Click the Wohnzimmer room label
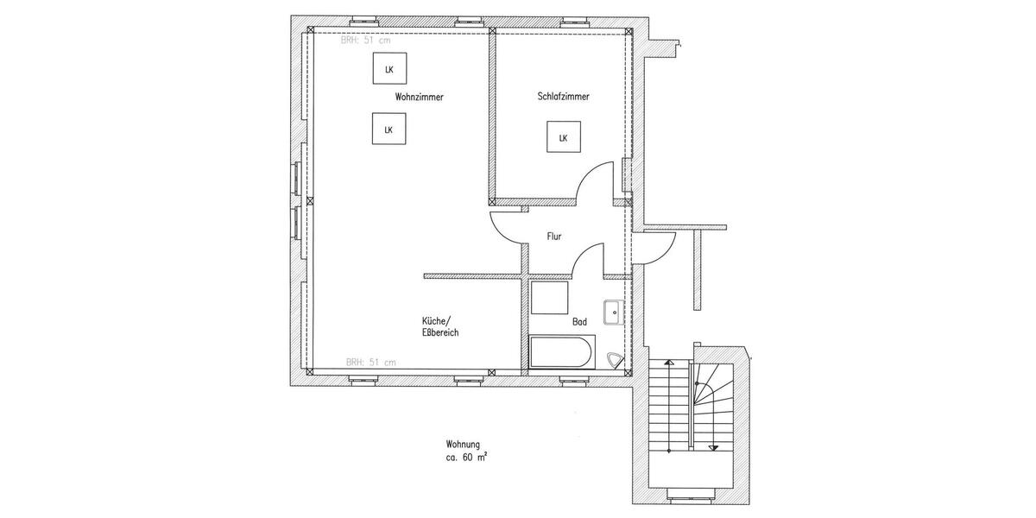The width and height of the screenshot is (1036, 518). click(419, 98)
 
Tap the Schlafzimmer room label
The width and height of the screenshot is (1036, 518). click(563, 98)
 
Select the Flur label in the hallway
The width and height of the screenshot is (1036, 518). click(555, 236)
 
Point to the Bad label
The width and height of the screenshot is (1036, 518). click(579, 322)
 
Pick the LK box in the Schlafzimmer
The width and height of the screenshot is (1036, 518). click(563, 138)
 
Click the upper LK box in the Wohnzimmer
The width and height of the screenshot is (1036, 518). click(388, 69)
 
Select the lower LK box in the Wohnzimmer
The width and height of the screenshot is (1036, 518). click(388, 129)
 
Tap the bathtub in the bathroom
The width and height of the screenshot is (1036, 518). click(560, 352)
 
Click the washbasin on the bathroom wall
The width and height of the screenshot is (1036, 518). click(613, 311)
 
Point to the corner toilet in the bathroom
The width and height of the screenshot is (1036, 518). click(616, 361)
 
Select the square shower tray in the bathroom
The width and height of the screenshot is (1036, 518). click(548, 299)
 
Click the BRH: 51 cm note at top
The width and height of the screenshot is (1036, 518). click(366, 41)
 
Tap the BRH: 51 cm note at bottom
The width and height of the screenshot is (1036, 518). click(370, 363)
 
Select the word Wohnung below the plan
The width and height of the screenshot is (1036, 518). click(463, 445)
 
